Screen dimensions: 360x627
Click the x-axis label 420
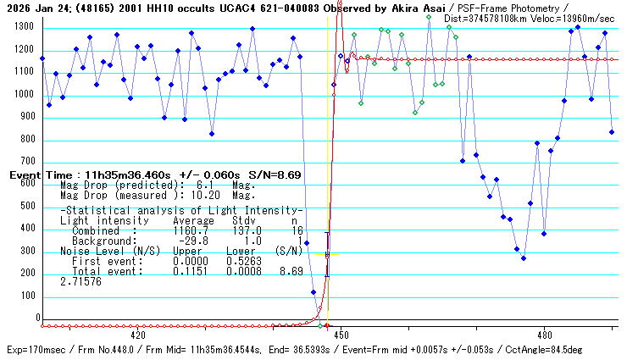139,335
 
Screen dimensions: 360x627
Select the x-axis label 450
341,335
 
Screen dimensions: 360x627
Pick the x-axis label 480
545,335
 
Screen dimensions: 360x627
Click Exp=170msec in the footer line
35,350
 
